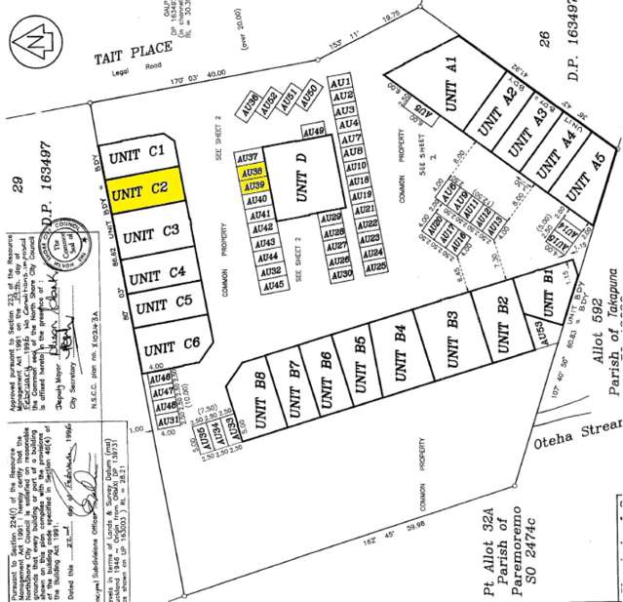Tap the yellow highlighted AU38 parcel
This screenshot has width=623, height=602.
click(251, 171)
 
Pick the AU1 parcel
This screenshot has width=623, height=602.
click(341, 82)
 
